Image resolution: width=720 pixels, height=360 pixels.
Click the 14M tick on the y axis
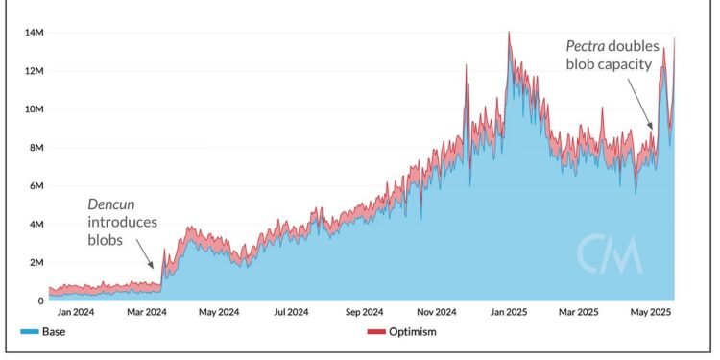tap(32, 33)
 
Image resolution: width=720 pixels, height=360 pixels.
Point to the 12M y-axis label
tap(32, 71)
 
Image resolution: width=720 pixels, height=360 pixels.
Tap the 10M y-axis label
tap(32, 109)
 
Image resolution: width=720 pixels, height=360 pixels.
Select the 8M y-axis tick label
tap(34, 148)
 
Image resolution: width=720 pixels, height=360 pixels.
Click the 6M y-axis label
tap(34, 186)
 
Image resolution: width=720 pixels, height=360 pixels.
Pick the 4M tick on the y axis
tap(34, 225)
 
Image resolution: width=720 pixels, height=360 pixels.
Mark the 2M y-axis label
tap(34, 263)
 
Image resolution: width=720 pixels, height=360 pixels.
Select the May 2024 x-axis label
tap(219, 313)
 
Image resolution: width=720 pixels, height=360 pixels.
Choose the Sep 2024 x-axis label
tap(364, 313)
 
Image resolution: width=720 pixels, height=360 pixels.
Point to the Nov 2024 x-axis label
tap(437, 313)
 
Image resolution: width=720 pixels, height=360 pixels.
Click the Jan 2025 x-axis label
tap(508, 313)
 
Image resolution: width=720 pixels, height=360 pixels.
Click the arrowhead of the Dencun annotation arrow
tap(153, 267)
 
